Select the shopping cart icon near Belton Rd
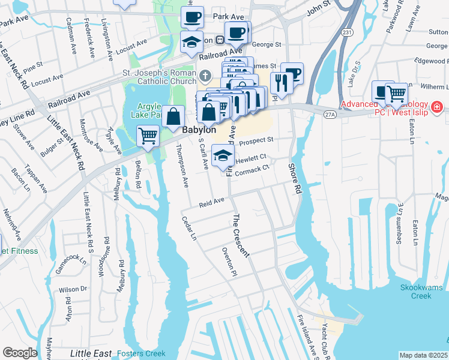click(x=148, y=135)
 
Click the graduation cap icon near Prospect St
click(x=222, y=156)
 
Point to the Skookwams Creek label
click(x=424, y=292)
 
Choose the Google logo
click(x=20, y=353)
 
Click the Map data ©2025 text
click(x=423, y=355)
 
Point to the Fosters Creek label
click(x=141, y=353)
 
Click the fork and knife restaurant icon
click(x=281, y=82)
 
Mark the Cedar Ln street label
click(x=189, y=229)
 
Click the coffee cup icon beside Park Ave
click(x=192, y=17)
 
